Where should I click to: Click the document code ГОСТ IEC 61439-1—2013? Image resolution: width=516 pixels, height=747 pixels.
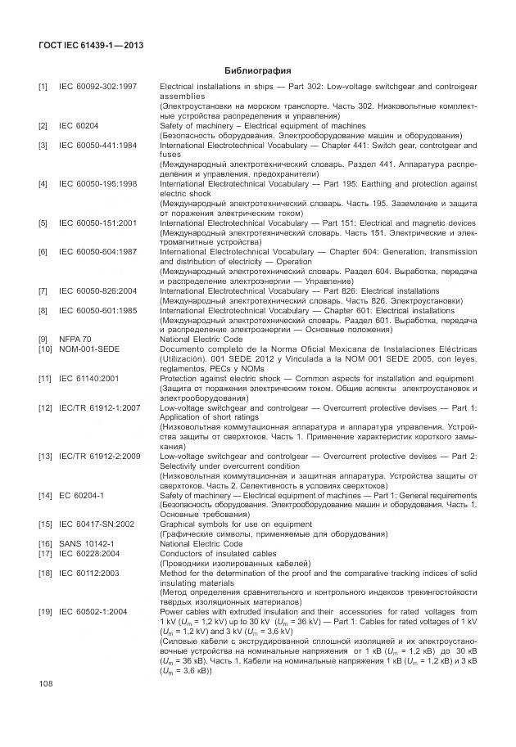91,45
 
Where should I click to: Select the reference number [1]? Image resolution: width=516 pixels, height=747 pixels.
43,86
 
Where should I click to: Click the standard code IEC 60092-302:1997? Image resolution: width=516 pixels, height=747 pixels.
97,86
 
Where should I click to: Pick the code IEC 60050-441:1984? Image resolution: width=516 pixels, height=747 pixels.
97,145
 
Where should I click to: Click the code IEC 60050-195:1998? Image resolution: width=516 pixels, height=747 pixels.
97,184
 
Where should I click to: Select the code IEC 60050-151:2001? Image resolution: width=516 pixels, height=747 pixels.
97,223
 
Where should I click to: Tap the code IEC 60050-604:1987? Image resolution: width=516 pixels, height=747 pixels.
97,252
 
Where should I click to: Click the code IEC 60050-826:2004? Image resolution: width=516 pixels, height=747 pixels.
97,290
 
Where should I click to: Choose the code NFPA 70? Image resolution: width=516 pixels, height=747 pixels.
76,339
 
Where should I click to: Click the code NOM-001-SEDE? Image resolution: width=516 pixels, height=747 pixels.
89,349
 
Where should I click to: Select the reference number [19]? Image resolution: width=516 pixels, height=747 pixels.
44,610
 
